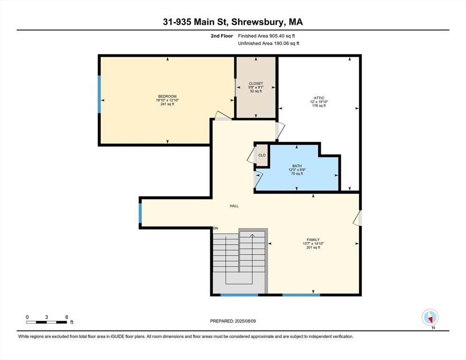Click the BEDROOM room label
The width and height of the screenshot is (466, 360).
point(167,96)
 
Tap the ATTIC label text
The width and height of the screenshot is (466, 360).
point(319,98)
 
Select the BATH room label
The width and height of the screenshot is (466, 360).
point(297,166)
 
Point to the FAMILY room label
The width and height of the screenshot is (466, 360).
point(313,240)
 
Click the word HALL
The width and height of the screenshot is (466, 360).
point(234,206)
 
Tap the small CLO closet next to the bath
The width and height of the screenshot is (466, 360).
point(262,155)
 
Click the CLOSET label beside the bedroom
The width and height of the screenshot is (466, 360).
point(256,83)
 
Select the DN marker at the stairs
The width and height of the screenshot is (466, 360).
point(216,228)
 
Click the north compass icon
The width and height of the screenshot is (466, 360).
point(430,317)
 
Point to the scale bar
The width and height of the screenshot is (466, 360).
point(46,322)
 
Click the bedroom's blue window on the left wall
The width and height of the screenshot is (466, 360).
point(99,94)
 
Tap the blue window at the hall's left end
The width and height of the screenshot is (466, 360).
point(140,213)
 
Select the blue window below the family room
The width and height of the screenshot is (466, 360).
point(301,295)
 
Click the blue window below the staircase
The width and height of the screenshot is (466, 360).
point(239,295)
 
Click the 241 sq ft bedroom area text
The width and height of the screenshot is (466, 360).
point(167,104)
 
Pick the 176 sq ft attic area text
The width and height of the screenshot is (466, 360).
point(319,105)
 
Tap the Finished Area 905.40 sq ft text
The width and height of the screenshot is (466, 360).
point(266,36)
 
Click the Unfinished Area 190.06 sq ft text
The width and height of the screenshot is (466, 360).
point(269,44)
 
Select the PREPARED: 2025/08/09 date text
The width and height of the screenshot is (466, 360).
point(233,321)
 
